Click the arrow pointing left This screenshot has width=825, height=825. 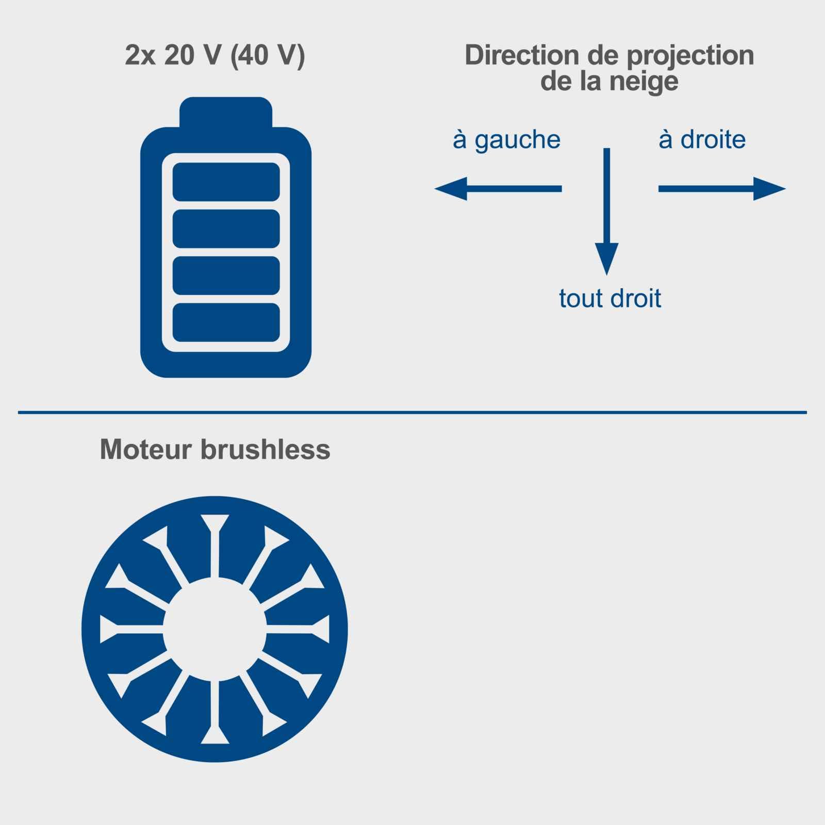498,189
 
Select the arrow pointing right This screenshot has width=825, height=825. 722,189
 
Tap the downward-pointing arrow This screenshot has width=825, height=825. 607,211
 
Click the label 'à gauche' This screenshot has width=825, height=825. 506,140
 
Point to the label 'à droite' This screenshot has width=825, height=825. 702,139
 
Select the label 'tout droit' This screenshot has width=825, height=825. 610,298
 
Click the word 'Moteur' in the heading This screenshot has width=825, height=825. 146,449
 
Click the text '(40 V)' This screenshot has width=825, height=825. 268,56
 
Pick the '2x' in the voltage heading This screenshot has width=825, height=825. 140,56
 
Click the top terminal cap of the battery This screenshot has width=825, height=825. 226,112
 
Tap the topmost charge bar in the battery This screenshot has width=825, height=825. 226,182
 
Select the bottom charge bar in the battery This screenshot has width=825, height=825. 226,323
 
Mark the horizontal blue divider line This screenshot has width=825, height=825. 412,412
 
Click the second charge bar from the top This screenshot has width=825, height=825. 226,229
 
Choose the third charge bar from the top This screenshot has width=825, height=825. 226,276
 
